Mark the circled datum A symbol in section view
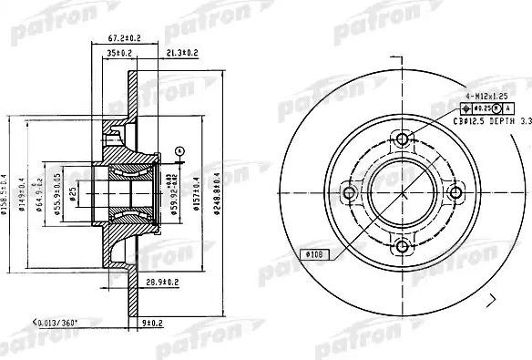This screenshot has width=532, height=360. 180,150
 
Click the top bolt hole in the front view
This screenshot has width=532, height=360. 401,139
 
